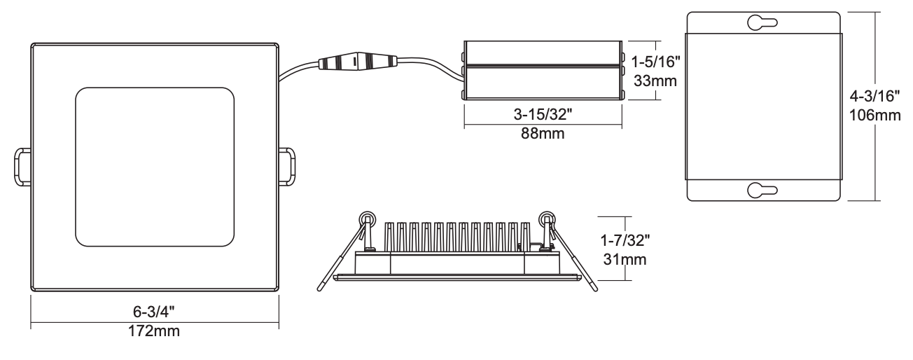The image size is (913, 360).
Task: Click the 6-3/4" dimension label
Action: [x=153, y=312]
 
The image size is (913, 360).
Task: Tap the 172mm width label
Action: [x=154, y=331]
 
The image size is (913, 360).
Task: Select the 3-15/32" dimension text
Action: [x=543, y=115]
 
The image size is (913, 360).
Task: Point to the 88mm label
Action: [x=543, y=133]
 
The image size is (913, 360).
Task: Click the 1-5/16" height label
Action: [x=656, y=62]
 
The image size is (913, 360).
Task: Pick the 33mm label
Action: [x=655, y=81]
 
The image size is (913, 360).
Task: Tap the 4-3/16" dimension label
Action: [x=874, y=96]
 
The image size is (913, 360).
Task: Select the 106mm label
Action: [x=874, y=116]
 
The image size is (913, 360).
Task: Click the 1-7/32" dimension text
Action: [x=625, y=240]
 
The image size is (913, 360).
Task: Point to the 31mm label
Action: [x=625, y=259]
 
